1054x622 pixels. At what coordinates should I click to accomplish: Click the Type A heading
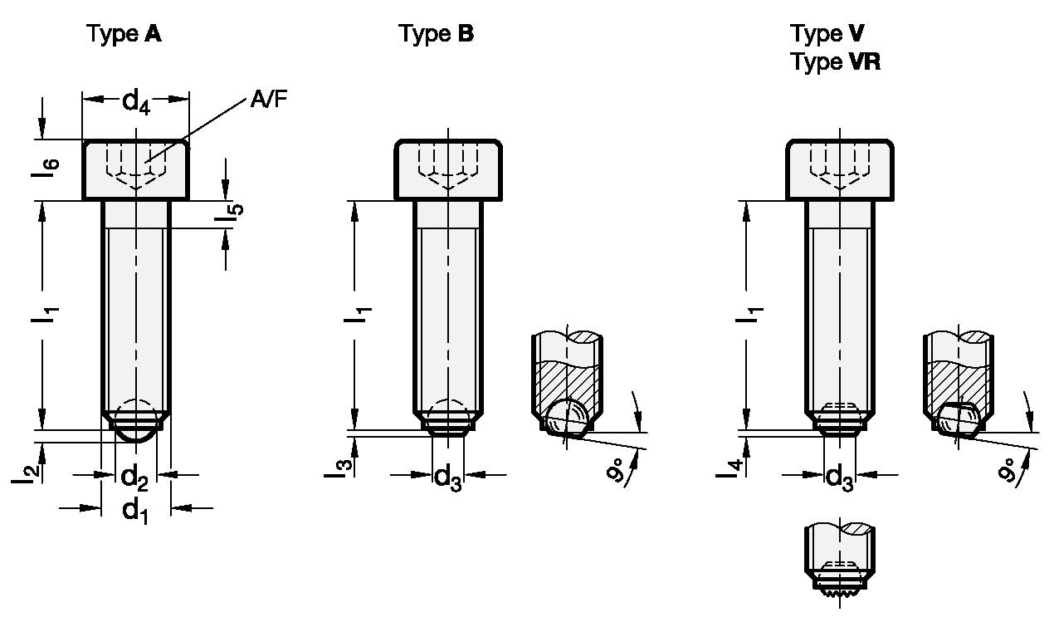point(124,34)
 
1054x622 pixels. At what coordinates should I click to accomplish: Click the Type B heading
point(437,34)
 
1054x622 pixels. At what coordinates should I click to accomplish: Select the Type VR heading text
point(835,61)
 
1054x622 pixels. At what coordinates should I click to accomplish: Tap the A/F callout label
point(269,100)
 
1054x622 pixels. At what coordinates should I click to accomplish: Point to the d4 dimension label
point(136,103)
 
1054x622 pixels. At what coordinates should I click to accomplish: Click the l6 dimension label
point(46,168)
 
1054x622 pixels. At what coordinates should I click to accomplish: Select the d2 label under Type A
point(134,478)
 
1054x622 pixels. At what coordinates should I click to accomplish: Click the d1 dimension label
point(135,512)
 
